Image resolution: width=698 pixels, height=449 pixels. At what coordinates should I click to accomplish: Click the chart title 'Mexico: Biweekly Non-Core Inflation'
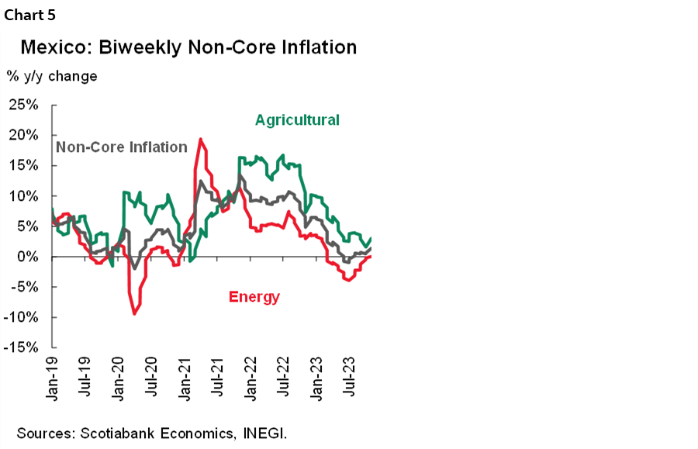tap(188, 48)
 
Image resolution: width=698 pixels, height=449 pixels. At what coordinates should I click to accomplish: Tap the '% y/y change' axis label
tap(52, 77)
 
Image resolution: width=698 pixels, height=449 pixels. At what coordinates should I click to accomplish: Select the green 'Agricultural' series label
tap(297, 120)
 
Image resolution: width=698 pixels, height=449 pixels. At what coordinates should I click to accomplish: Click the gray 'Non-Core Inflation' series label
tap(122, 147)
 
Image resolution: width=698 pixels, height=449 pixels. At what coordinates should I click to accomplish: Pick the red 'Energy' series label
tap(254, 296)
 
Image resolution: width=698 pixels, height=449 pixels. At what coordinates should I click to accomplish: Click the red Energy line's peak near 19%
tap(201, 140)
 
